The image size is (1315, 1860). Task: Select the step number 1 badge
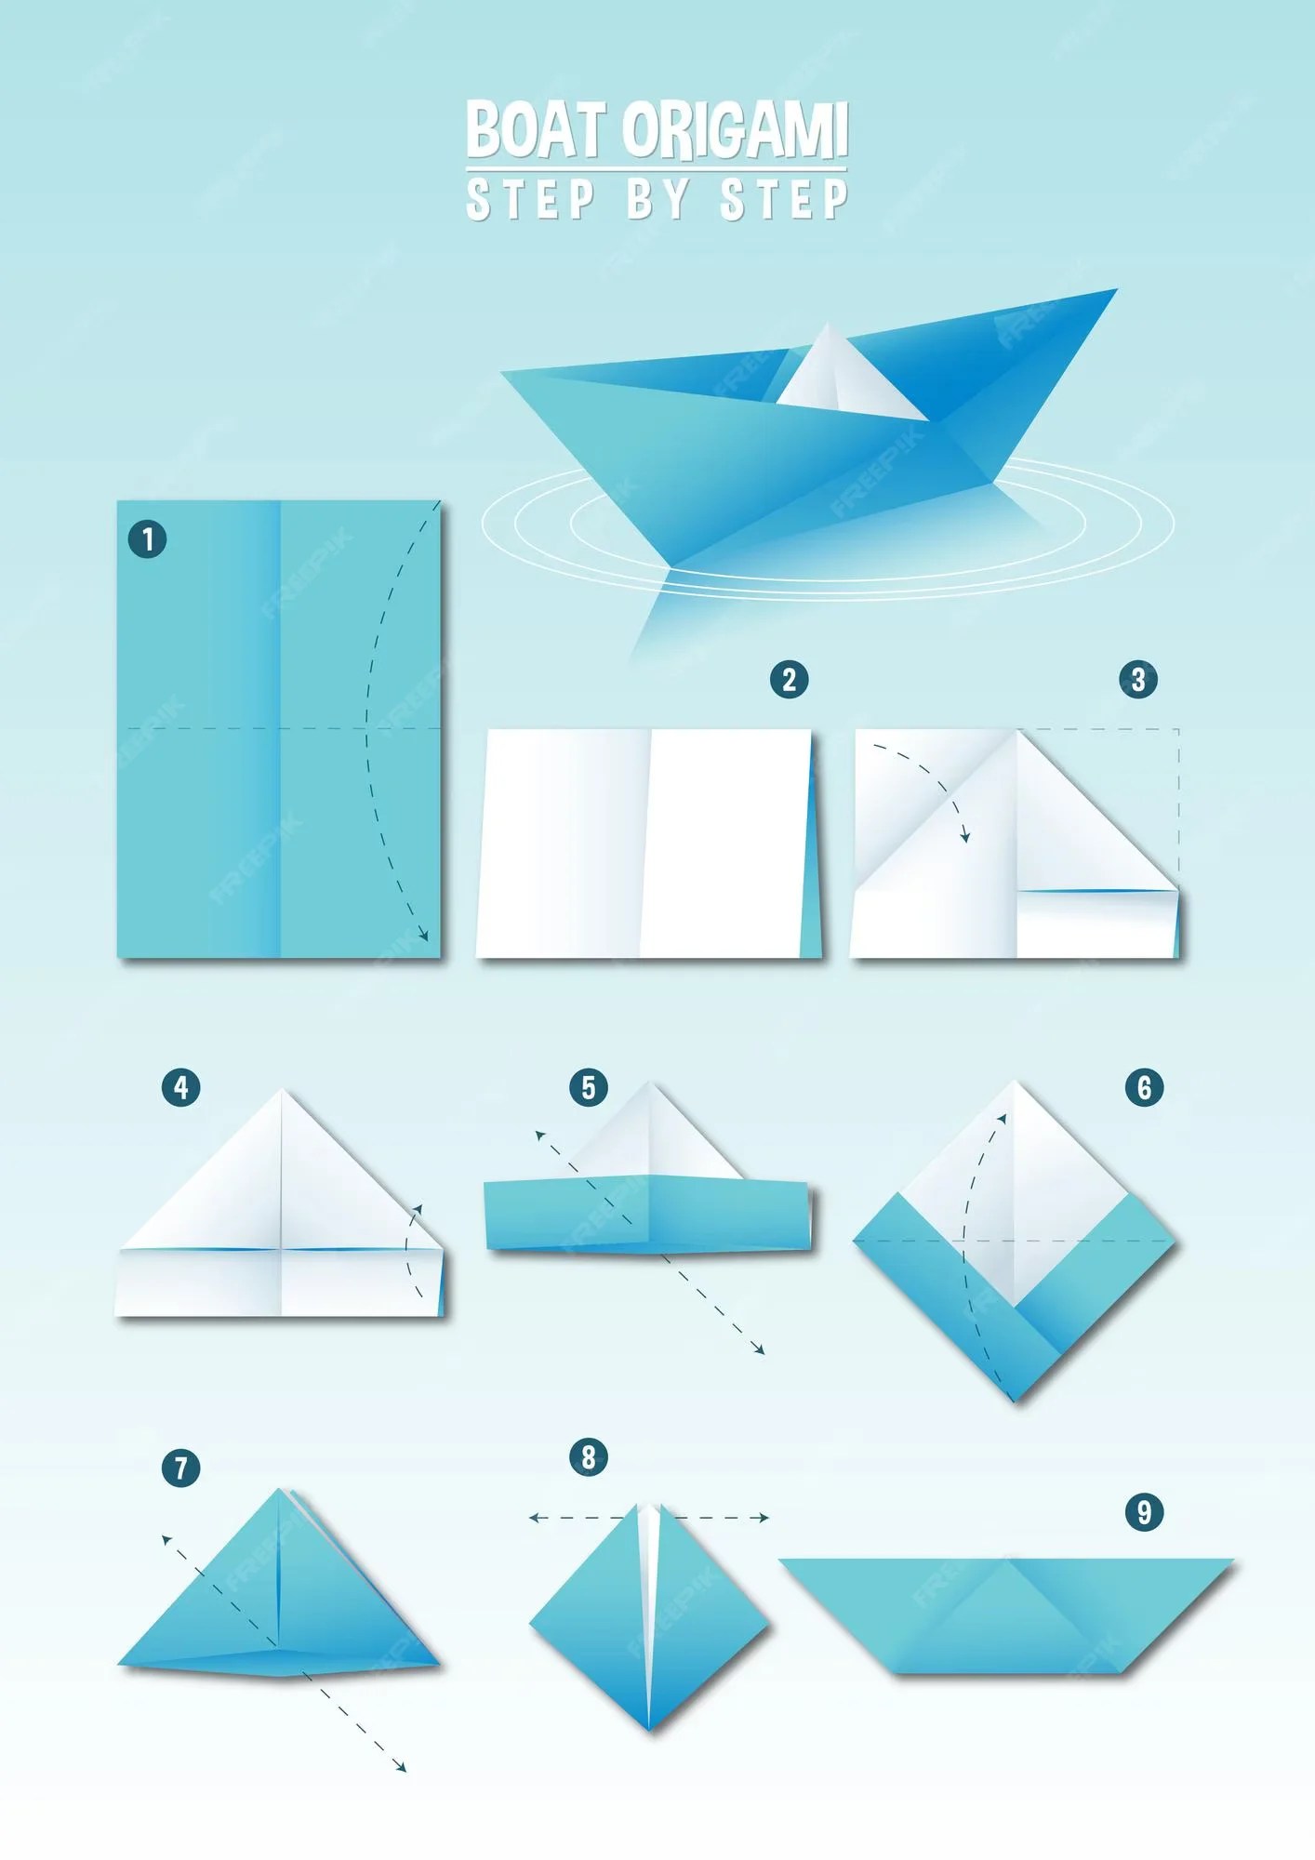[147, 539]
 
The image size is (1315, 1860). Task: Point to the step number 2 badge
[789, 680]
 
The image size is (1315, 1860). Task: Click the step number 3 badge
[1138, 680]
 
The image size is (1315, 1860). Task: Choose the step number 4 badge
[180, 1087]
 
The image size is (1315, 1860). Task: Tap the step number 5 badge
[588, 1087]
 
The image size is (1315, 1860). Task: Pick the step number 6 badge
[1144, 1087]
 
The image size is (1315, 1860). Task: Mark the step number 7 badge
[180, 1468]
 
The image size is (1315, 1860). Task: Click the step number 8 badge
[588, 1457]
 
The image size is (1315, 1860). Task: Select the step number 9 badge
[1144, 1511]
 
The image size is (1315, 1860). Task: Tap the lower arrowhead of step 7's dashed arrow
[401, 1766]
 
